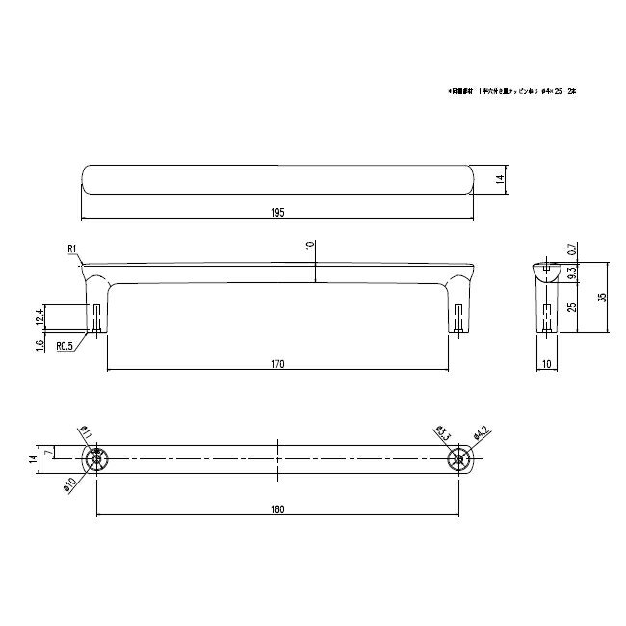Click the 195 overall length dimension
pos(277,212)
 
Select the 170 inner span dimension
pos(277,364)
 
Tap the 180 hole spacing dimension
pos(277,510)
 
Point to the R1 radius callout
pos(72,249)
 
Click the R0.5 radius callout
pos(65,345)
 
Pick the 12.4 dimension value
pos(39,315)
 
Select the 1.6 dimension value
pos(39,345)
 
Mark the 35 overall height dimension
pos(603,298)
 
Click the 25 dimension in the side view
pos(573,308)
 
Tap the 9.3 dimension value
pos(573,273)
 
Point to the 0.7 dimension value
pos(573,248)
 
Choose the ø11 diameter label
pos(84,432)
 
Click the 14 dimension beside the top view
pos(501,179)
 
